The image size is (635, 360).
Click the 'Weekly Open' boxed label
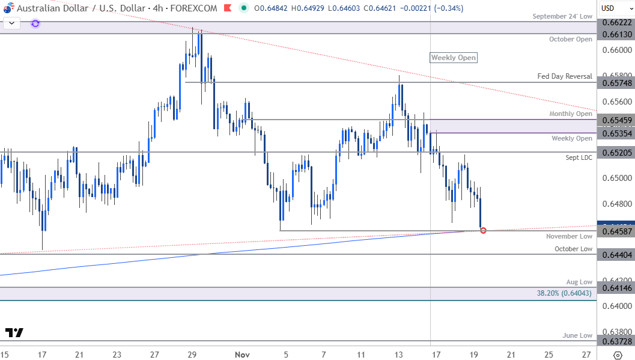454,58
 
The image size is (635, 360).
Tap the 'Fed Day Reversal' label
565,76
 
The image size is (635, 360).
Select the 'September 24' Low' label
562,16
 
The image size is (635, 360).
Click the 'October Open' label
571,39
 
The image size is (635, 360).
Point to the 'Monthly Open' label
571,114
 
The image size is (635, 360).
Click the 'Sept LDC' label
579,157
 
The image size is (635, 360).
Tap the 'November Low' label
569,236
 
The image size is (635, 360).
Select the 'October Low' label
573,249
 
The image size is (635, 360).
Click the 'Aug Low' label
579,281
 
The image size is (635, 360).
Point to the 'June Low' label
577,335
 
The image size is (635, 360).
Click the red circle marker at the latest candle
483,230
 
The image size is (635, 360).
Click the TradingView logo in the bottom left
14,333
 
